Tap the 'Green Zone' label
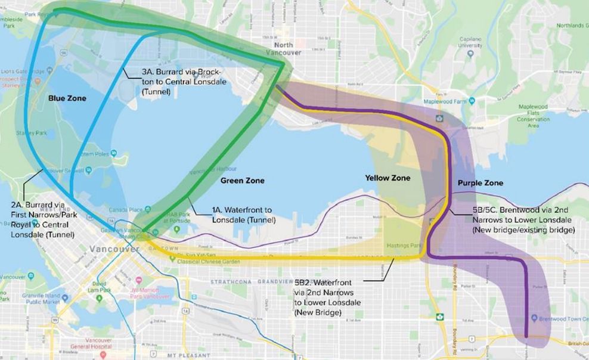coord(242,181)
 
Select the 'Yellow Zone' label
coord(387,178)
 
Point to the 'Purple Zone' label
coord(480,183)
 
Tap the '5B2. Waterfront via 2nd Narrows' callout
coord(325,296)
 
